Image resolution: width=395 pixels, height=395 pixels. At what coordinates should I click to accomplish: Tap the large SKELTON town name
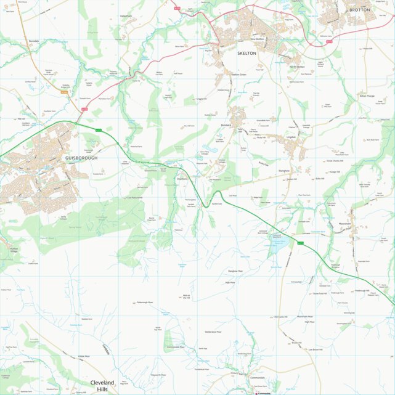246,54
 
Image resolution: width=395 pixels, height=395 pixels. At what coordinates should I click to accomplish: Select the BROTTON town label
359,10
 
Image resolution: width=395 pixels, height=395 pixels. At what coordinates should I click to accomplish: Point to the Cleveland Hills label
102,386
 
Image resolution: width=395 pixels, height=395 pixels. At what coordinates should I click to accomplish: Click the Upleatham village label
126,16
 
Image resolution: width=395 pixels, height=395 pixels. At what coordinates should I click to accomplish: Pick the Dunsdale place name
34,41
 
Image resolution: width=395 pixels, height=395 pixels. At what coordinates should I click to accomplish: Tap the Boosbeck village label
226,125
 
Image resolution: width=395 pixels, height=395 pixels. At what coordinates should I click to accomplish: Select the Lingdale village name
291,137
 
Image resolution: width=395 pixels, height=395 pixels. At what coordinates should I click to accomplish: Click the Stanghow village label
284,170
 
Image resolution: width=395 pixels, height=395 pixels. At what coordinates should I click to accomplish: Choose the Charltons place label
182,178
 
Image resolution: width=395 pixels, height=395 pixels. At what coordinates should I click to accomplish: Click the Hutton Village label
14,250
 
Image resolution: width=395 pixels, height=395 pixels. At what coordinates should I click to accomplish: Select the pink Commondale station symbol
256,393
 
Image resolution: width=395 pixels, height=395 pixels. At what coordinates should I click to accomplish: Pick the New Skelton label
257,39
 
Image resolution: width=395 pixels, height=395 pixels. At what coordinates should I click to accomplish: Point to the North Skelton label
297,67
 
